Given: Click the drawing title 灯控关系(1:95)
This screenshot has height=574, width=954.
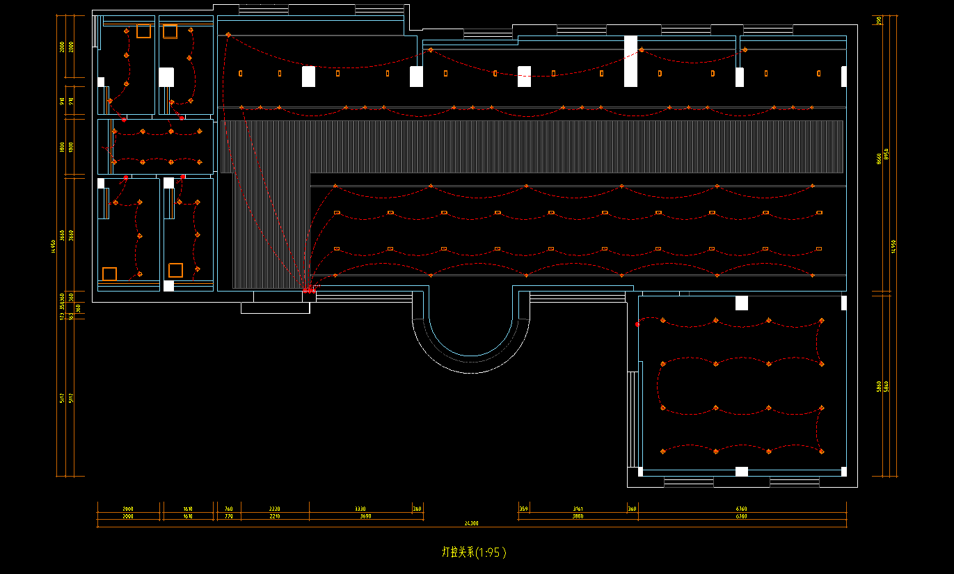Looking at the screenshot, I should pos(474,552).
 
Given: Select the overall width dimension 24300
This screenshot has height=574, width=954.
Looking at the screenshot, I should pos(471,523).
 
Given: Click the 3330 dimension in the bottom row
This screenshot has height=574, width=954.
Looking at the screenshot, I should pos(360,509).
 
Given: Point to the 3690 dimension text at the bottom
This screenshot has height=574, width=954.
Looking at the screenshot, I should pos(366,516).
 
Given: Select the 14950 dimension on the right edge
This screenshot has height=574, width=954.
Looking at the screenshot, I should pos(894,246).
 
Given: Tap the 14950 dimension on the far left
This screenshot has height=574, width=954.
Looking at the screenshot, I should pos(53,246).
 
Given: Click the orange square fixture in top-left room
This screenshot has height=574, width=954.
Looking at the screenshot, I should pos(143,31).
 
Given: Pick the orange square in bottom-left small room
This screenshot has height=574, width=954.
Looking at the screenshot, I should pos(109,273).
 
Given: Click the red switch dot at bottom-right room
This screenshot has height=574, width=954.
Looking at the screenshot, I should pos(637,324).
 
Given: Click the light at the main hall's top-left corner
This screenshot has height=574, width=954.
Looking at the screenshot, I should pos(228,34).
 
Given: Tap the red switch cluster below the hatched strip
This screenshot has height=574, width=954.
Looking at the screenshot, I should pos(308,289).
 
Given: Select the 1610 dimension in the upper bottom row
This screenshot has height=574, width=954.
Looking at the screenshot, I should pos(188,509).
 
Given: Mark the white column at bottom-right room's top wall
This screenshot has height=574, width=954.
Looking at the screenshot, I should pos(742,303).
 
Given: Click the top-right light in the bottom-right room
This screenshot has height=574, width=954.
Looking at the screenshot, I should pos(822,321).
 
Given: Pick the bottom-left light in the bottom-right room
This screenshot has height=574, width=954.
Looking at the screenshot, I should pos(662,452).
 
